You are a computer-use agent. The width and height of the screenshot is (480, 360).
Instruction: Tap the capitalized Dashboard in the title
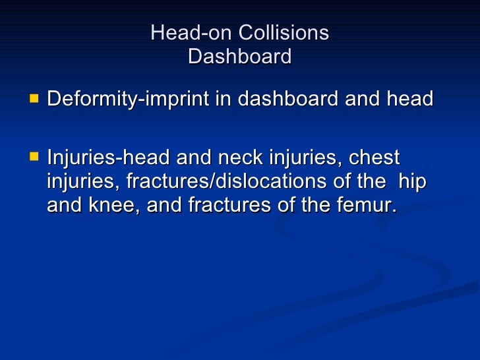pos(239,57)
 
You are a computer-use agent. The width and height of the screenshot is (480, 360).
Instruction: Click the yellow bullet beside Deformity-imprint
pos(34,99)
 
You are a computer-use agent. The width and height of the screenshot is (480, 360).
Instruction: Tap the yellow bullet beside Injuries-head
pos(34,158)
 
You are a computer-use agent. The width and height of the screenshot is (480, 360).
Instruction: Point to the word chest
pos(375,159)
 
